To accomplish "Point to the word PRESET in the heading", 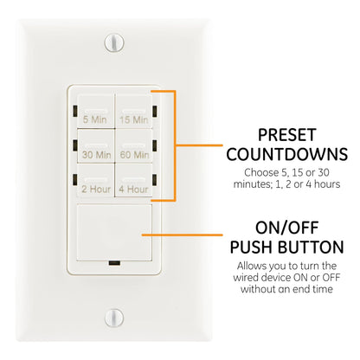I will click(x=280, y=137).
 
